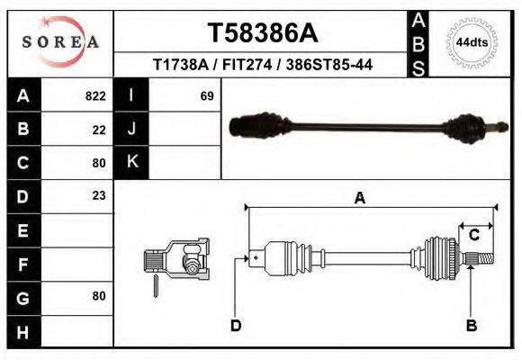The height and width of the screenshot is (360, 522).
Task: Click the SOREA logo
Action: tap(60, 42)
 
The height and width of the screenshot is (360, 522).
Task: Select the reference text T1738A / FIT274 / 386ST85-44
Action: tap(263, 66)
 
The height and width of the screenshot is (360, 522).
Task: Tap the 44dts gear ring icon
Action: tap(472, 42)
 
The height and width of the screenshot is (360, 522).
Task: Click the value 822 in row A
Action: tap(95, 96)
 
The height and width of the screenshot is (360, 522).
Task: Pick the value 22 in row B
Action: tap(99, 130)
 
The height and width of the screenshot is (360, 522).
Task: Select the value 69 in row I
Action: tap(206, 96)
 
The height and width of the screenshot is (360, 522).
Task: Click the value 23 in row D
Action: tap(99, 195)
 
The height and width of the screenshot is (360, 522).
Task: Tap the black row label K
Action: tap(131, 162)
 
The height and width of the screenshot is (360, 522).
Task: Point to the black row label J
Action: tap(131, 130)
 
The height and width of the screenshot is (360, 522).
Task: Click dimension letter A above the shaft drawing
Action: tap(359, 199)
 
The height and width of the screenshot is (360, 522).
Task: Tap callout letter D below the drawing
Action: tap(236, 326)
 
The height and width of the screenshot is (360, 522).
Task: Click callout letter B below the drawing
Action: tap(471, 326)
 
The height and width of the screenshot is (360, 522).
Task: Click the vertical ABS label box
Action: tap(418, 42)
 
